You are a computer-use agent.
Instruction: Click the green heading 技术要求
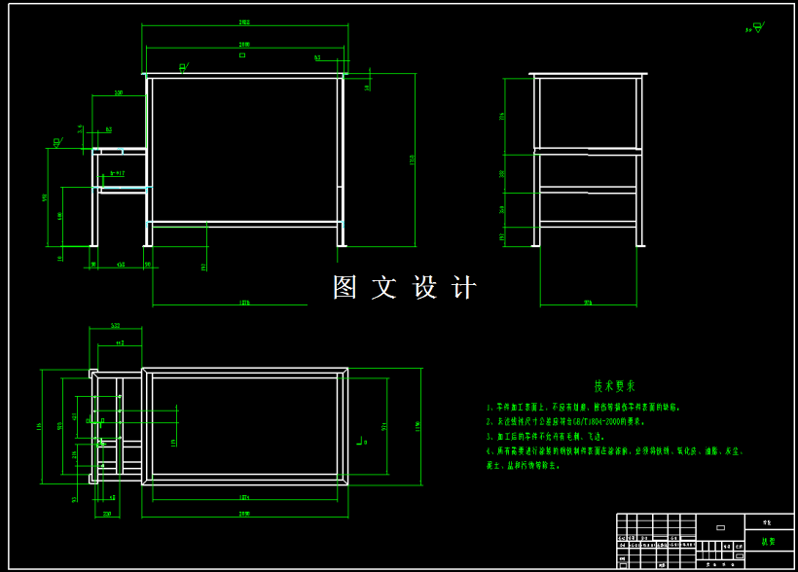[614, 385]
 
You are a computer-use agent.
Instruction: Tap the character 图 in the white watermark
[345, 287]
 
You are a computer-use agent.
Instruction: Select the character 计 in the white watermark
[465, 287]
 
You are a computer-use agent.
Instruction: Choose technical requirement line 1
[584, 407]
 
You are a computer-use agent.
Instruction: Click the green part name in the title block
[769, 542]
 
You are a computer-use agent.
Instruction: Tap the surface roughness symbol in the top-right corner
[756, 28]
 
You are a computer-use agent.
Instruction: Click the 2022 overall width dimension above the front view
[244, 22]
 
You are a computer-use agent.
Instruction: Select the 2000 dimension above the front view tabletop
[244, 45]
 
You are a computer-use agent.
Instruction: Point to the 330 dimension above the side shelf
[119, 93]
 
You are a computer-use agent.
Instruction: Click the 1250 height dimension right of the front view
[413, 159]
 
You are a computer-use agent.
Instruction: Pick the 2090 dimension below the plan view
[244, 513]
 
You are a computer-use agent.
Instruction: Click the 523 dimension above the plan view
[115, 326]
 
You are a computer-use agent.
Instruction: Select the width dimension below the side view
[588, 303]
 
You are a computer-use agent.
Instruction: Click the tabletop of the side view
[588, 74]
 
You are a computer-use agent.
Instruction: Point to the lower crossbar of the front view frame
[245, 223]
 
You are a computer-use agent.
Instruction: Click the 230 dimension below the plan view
[107, 513]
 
